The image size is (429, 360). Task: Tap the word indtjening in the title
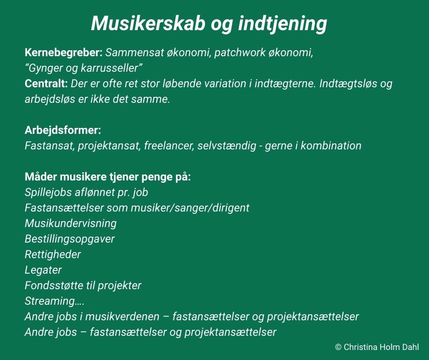tap(283, 24)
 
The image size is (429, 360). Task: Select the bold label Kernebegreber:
tap(63, 53)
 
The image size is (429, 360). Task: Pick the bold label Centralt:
tap(46, 83)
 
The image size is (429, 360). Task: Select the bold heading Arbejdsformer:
tap(63, 130)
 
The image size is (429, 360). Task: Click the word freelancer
tap(169, 145)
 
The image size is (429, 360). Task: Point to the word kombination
tap(331, 145)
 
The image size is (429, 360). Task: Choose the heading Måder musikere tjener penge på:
tap(108, 177)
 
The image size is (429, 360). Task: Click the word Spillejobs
tap(47, 192)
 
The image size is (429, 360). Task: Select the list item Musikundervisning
tap(71, 223)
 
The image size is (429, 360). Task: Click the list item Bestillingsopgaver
tap(69, 239)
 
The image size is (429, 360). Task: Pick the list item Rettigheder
tap(53, 254)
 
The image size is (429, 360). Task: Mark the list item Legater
tap(43, 270)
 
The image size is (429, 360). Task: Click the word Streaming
tap(50, 301)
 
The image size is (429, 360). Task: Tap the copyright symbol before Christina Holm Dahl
tap(338, 347)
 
